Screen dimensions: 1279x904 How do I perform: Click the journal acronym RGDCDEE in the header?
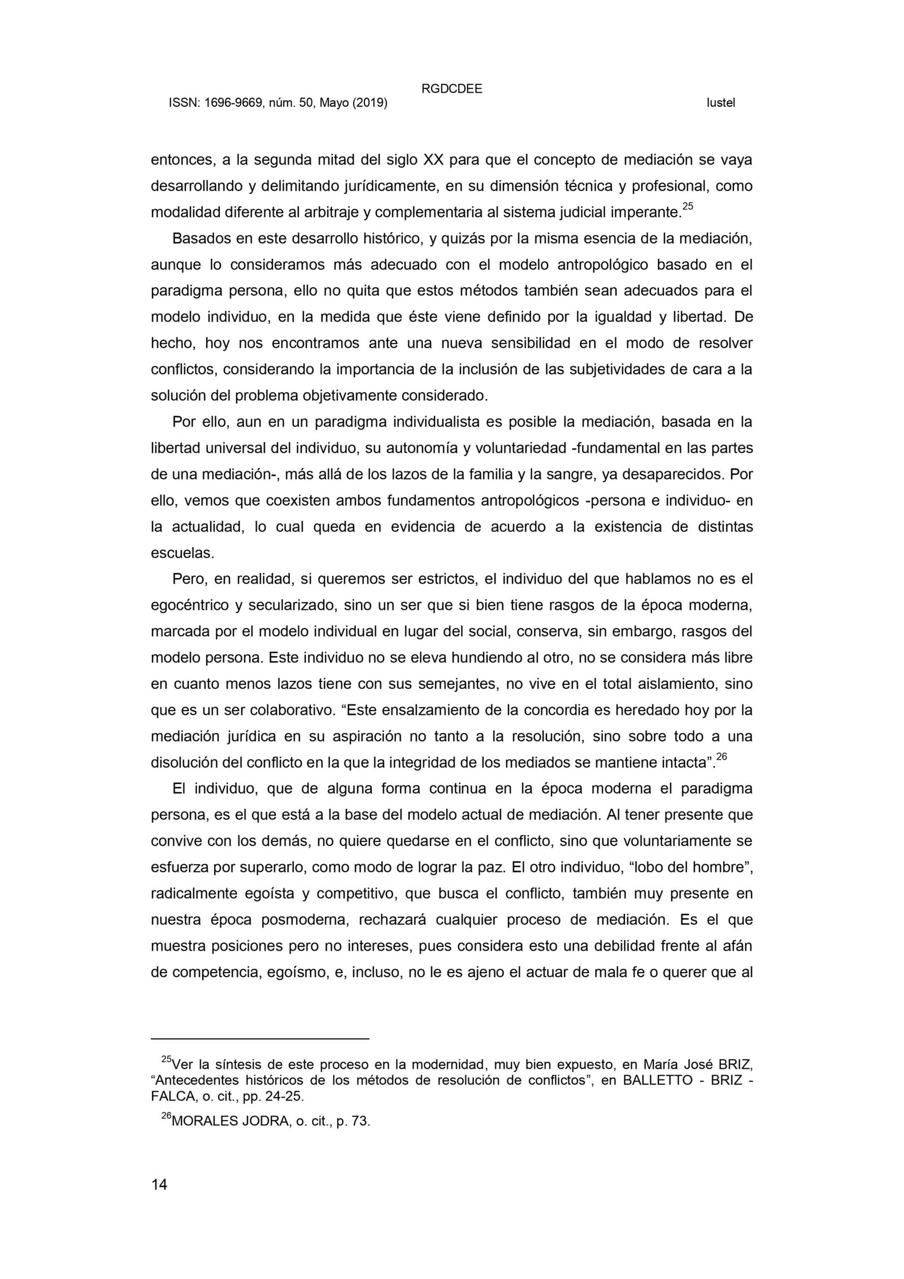[x=451, y=89]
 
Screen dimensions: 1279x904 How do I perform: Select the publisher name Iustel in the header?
[x=720, y=103]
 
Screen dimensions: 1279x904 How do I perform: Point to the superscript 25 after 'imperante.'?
[x=688, y=206]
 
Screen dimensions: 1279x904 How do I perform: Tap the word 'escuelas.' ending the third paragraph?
[x=182, y=553]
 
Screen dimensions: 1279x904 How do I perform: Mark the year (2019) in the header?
[x=370, y=103]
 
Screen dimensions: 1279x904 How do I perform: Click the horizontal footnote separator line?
[x=259, y=1039]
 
